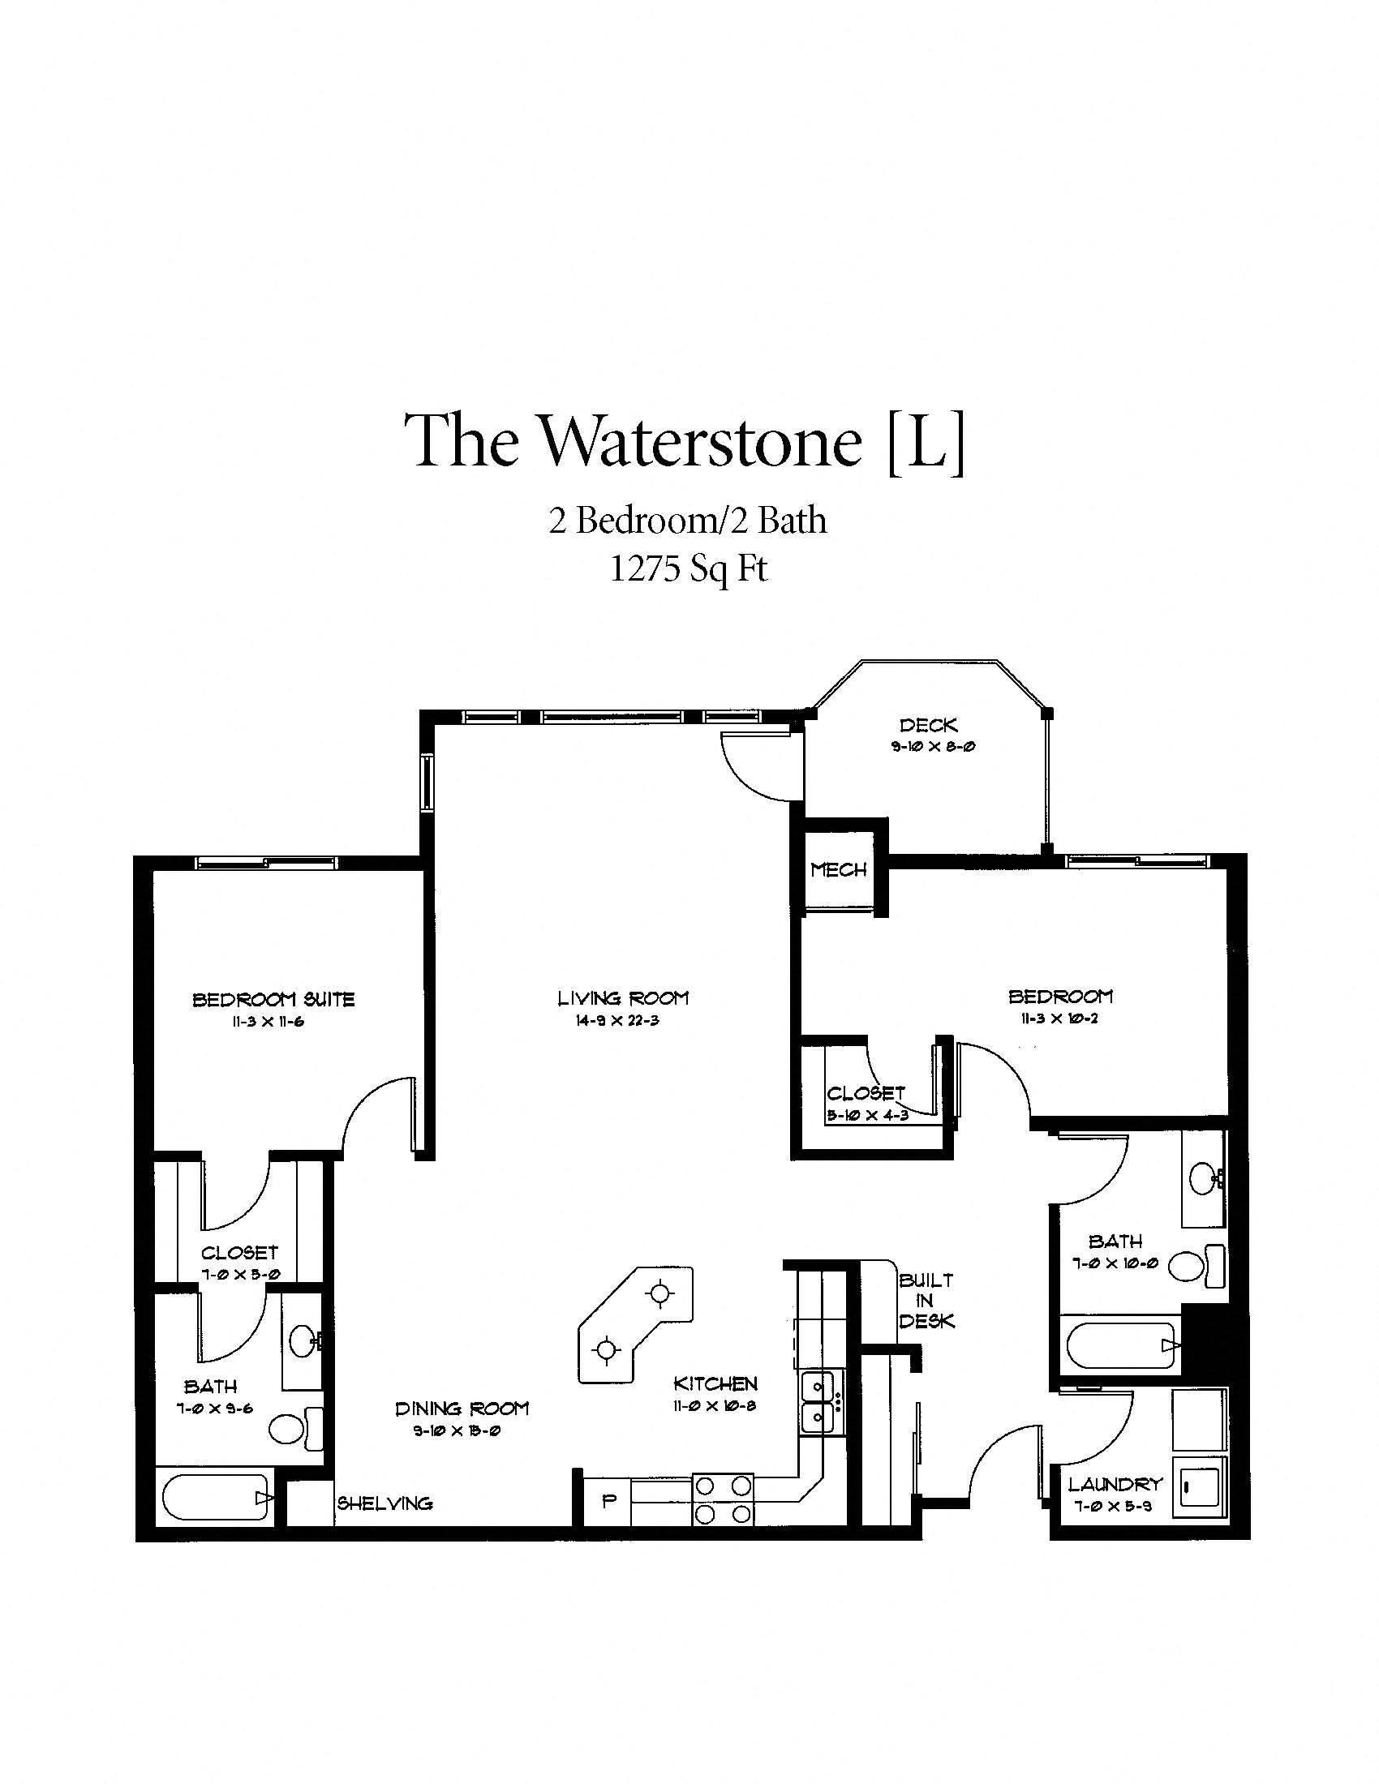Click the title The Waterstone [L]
click(x=689, y=441)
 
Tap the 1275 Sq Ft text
click(x=689, y=568)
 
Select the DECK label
click(x=928, y=724)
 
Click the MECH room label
click(x=838, y=870)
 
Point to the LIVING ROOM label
click(x=622, y=997)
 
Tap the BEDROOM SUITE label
click(x=273, y=999)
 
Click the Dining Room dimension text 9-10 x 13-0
click(x=457, y=1431)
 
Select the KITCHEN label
click(x=715, y=1383)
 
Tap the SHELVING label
click(x=384, y=1503)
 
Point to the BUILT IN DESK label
click(x=926, y=1301)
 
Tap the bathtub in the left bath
click(x=217, y=1497)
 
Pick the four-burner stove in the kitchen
click(x=722, y=1499)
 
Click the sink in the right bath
click(x=1203, y=1179)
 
